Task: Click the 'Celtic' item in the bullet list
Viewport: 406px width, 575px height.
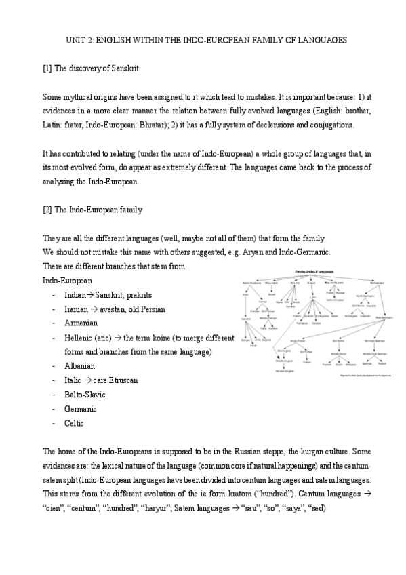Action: pos(74,422)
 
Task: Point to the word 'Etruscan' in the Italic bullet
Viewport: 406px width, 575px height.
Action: pos(123,380)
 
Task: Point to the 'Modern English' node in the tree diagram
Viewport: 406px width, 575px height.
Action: pos(284,371)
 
